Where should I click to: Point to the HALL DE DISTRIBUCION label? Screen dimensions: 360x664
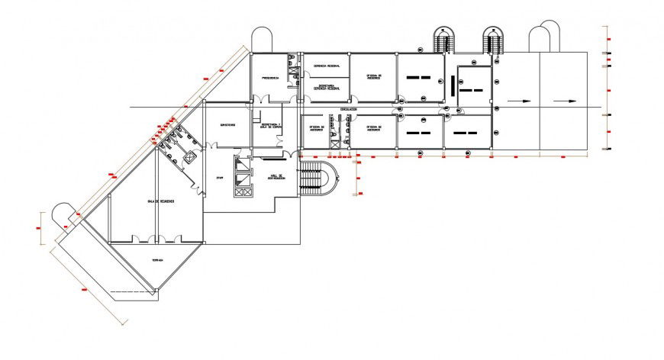[x=276, y=177]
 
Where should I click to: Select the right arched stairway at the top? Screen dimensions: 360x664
[x=494, y=39]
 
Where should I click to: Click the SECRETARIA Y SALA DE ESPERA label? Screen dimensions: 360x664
[x=271, y=126]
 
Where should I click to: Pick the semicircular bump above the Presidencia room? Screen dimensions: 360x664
[x=263, y=39]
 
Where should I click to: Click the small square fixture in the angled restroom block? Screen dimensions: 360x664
[x=189, y=156]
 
